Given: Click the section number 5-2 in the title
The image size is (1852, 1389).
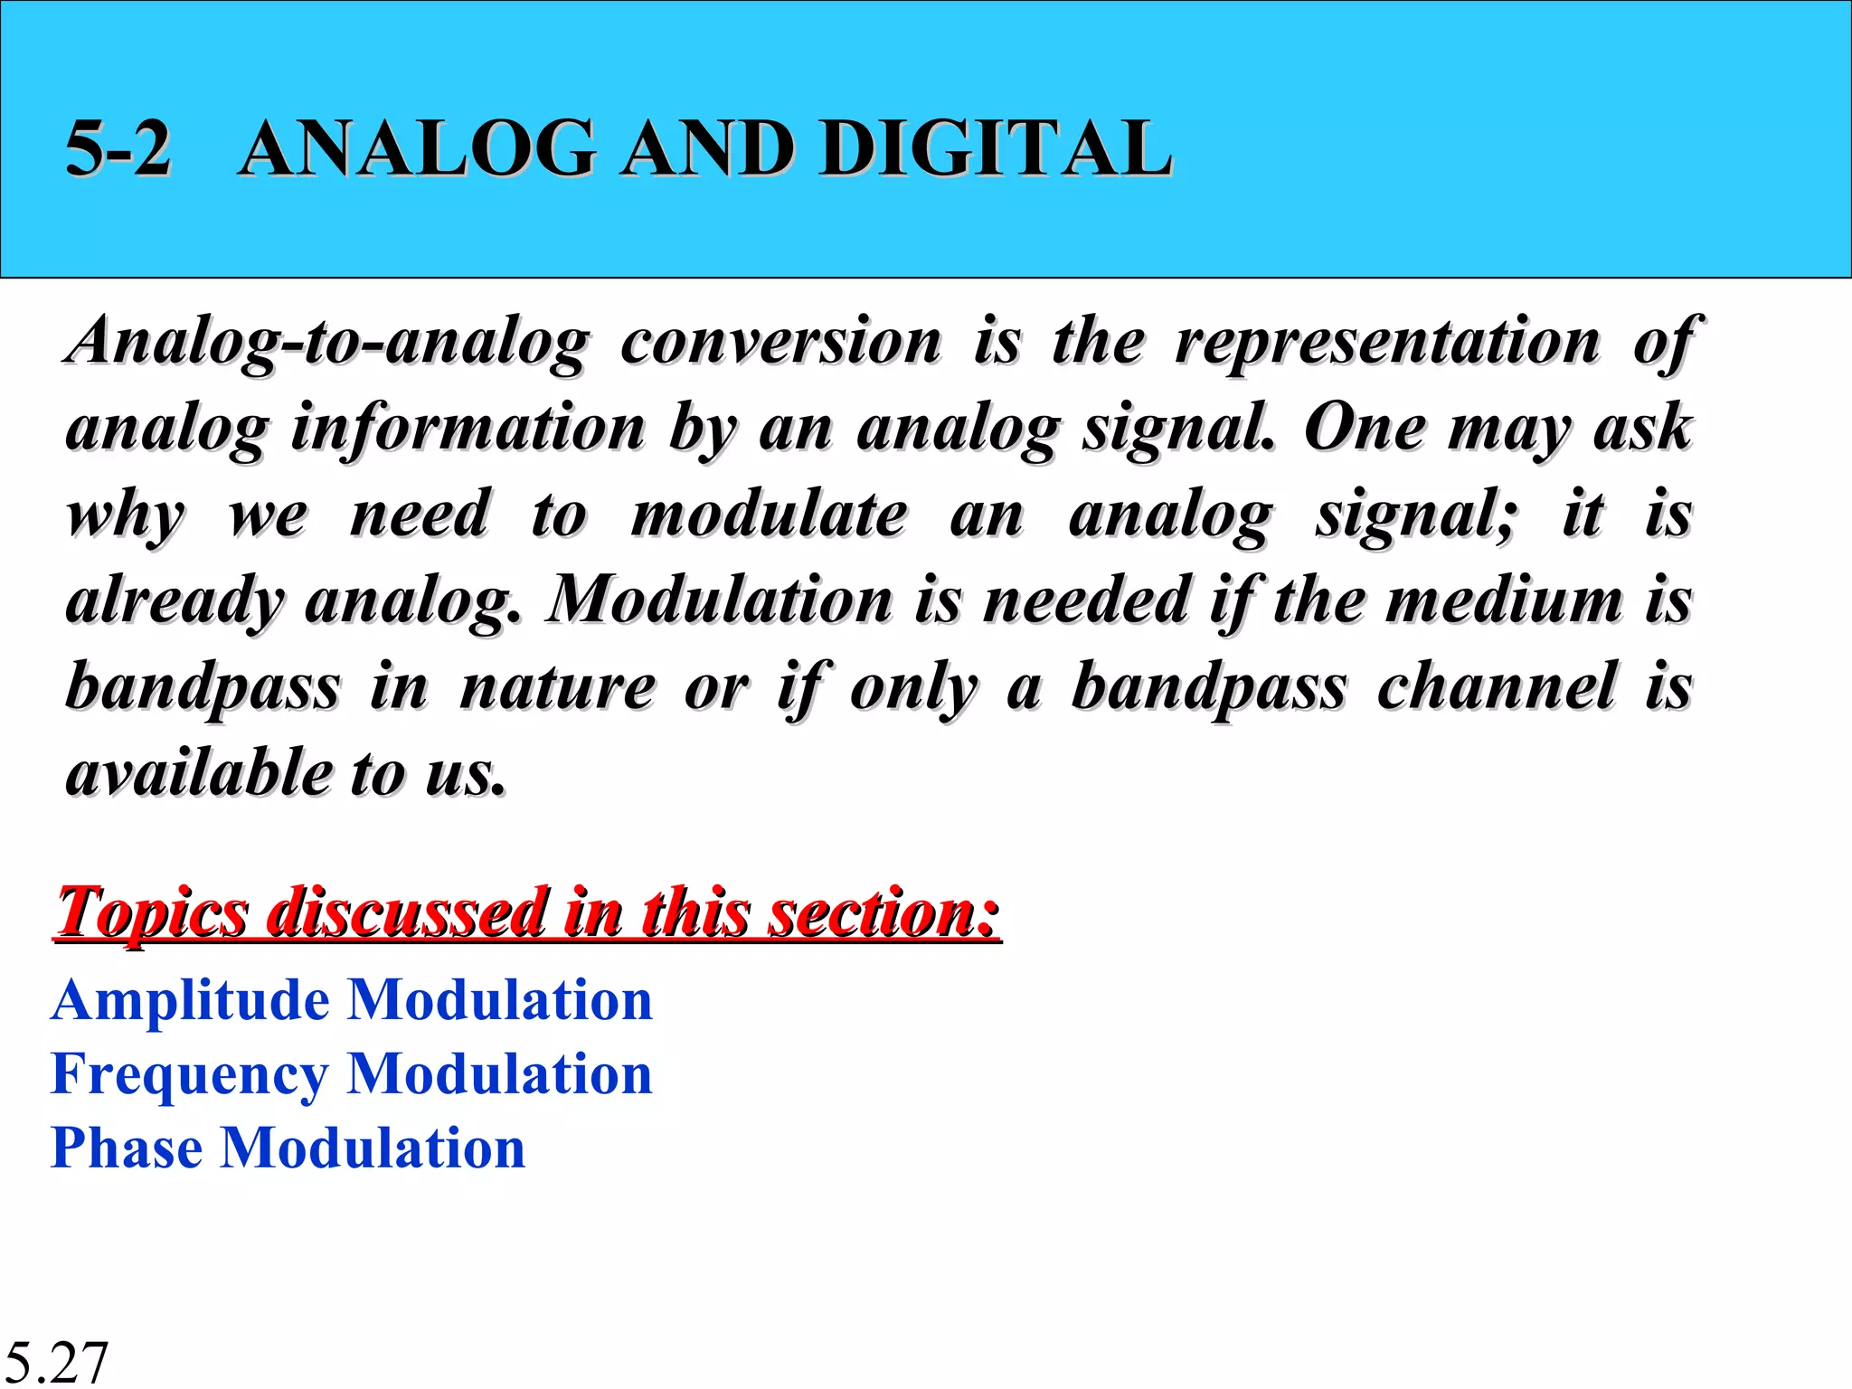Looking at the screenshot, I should click(x=118, y=148).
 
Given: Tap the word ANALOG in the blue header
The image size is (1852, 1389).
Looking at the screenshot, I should click(x=418, y=148).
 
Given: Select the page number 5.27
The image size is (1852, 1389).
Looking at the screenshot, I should click(x=56, y=1362).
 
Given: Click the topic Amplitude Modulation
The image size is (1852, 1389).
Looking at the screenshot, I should click(x=351, y=1000).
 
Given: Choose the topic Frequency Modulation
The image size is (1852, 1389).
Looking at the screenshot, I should click(x=351, y=1074).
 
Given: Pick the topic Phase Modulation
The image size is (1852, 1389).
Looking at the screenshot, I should click(x=288, y=1148).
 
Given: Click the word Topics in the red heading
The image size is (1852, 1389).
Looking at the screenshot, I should click(x=152, y=913).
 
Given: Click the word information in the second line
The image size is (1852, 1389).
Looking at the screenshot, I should click(x=468, y=429).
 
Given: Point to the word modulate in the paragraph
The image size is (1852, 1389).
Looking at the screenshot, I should click(x=769, y=515).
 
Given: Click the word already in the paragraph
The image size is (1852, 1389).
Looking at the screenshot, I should click(x=175, y=602).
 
